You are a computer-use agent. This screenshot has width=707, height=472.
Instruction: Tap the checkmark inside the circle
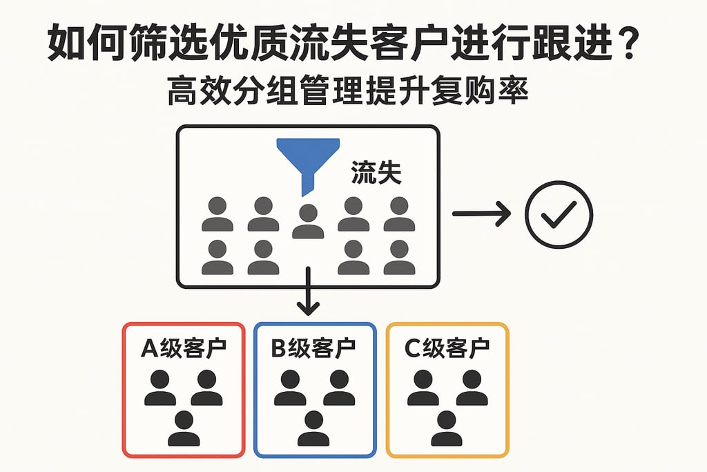(x=559, y=215)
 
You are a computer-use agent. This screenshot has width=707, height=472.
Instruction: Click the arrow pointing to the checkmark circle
(x=481, y=214)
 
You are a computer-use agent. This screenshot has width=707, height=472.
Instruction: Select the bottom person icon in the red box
(x=184, y=428)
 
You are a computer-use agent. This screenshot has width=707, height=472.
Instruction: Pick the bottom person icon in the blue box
(x=313, y=428)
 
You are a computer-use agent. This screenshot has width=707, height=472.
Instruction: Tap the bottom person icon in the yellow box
(x=447, y=428)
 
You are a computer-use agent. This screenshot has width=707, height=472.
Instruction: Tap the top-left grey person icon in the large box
(x=217, y=214)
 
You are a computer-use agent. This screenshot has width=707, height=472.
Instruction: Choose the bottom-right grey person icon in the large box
(x=399, y=258)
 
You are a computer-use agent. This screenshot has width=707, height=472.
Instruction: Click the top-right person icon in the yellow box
(x=472, y=388)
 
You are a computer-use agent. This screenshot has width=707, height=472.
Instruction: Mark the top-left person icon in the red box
(x=160, y=388)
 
